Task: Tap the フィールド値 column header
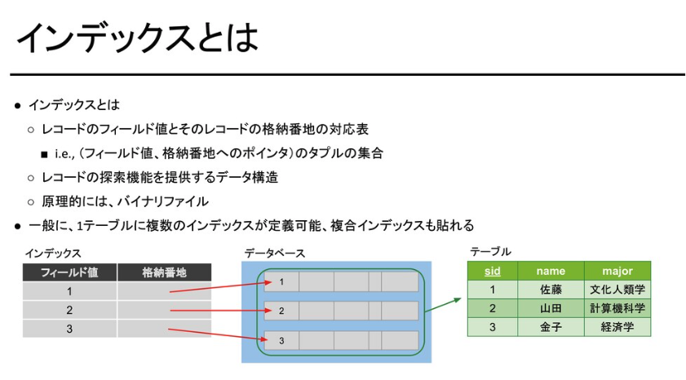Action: coord(70,272)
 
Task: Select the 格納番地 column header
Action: coord(164,272)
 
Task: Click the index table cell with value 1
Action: coord(70,291)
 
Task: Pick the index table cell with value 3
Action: coord(70,329)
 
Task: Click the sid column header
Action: coord(492,271)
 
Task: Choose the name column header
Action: coord(551,271)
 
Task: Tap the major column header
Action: coord(617,271)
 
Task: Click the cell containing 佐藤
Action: coord(551,289)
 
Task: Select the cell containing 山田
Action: coord(551,308)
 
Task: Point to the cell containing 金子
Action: coord(551,327)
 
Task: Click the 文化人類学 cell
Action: coord(617,289)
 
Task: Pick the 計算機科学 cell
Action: coord(617,308)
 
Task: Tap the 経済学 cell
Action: coord(617,327)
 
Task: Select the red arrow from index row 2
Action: coord(217,311)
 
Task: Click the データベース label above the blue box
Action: coord(275,254)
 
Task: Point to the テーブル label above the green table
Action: coord(490,252)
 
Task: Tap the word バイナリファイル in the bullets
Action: coord(163,201)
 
